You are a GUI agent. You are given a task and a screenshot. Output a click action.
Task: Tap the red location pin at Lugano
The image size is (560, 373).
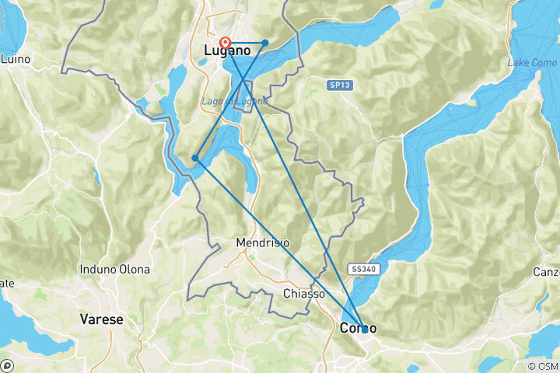tap(226, 44)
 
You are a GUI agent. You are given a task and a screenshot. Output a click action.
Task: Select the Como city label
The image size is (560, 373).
tap(359, 328)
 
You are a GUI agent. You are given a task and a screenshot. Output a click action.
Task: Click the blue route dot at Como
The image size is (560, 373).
tap(364, 329)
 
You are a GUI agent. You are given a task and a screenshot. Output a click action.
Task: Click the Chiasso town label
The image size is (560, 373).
tap(304, 294)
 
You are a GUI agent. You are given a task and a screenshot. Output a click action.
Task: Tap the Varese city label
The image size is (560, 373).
tap(102, 319)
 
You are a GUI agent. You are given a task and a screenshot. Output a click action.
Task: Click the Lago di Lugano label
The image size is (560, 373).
tap(245, 101)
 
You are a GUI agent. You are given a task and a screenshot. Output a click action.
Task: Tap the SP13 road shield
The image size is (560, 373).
tap(337, 84)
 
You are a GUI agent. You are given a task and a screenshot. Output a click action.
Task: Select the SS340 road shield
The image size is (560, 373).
tap(365, 267)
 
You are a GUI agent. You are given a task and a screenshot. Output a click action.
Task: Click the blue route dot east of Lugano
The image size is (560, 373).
tap(265, 43)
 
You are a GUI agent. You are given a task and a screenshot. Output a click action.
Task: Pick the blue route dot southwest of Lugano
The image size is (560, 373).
tap(195, 159)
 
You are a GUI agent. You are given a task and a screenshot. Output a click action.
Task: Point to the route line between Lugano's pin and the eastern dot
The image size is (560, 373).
tap(246, 43)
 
